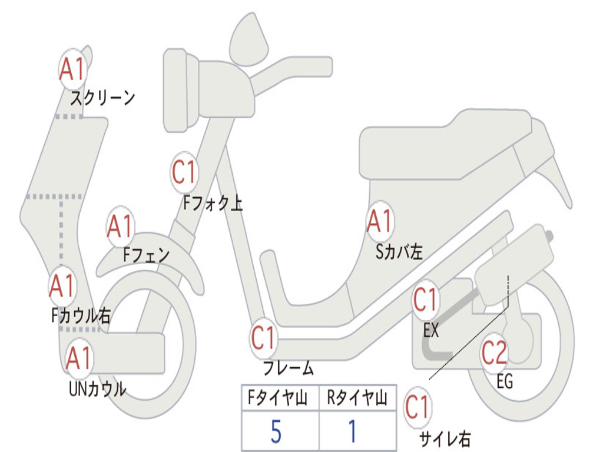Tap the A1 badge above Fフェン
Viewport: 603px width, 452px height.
[x=121, y=227]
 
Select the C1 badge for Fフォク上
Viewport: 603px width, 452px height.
[x=184, y=172]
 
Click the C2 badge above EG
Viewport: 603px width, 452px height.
[x=494, y=353]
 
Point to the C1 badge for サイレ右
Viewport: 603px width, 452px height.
[x=418, y=407]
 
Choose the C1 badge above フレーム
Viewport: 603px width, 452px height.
[x=263, y=338]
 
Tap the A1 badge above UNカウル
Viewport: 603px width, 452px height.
[x=79, y=358]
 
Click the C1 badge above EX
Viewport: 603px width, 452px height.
[x=425, y=301]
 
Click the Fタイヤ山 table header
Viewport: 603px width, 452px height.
[x=279, y=399]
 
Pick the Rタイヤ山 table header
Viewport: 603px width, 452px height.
[x=357, y=399]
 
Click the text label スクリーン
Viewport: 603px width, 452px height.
[x=103, y=97]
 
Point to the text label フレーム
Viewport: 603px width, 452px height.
[x=288, y=368]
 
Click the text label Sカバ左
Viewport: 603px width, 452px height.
[x=399, y=251]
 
